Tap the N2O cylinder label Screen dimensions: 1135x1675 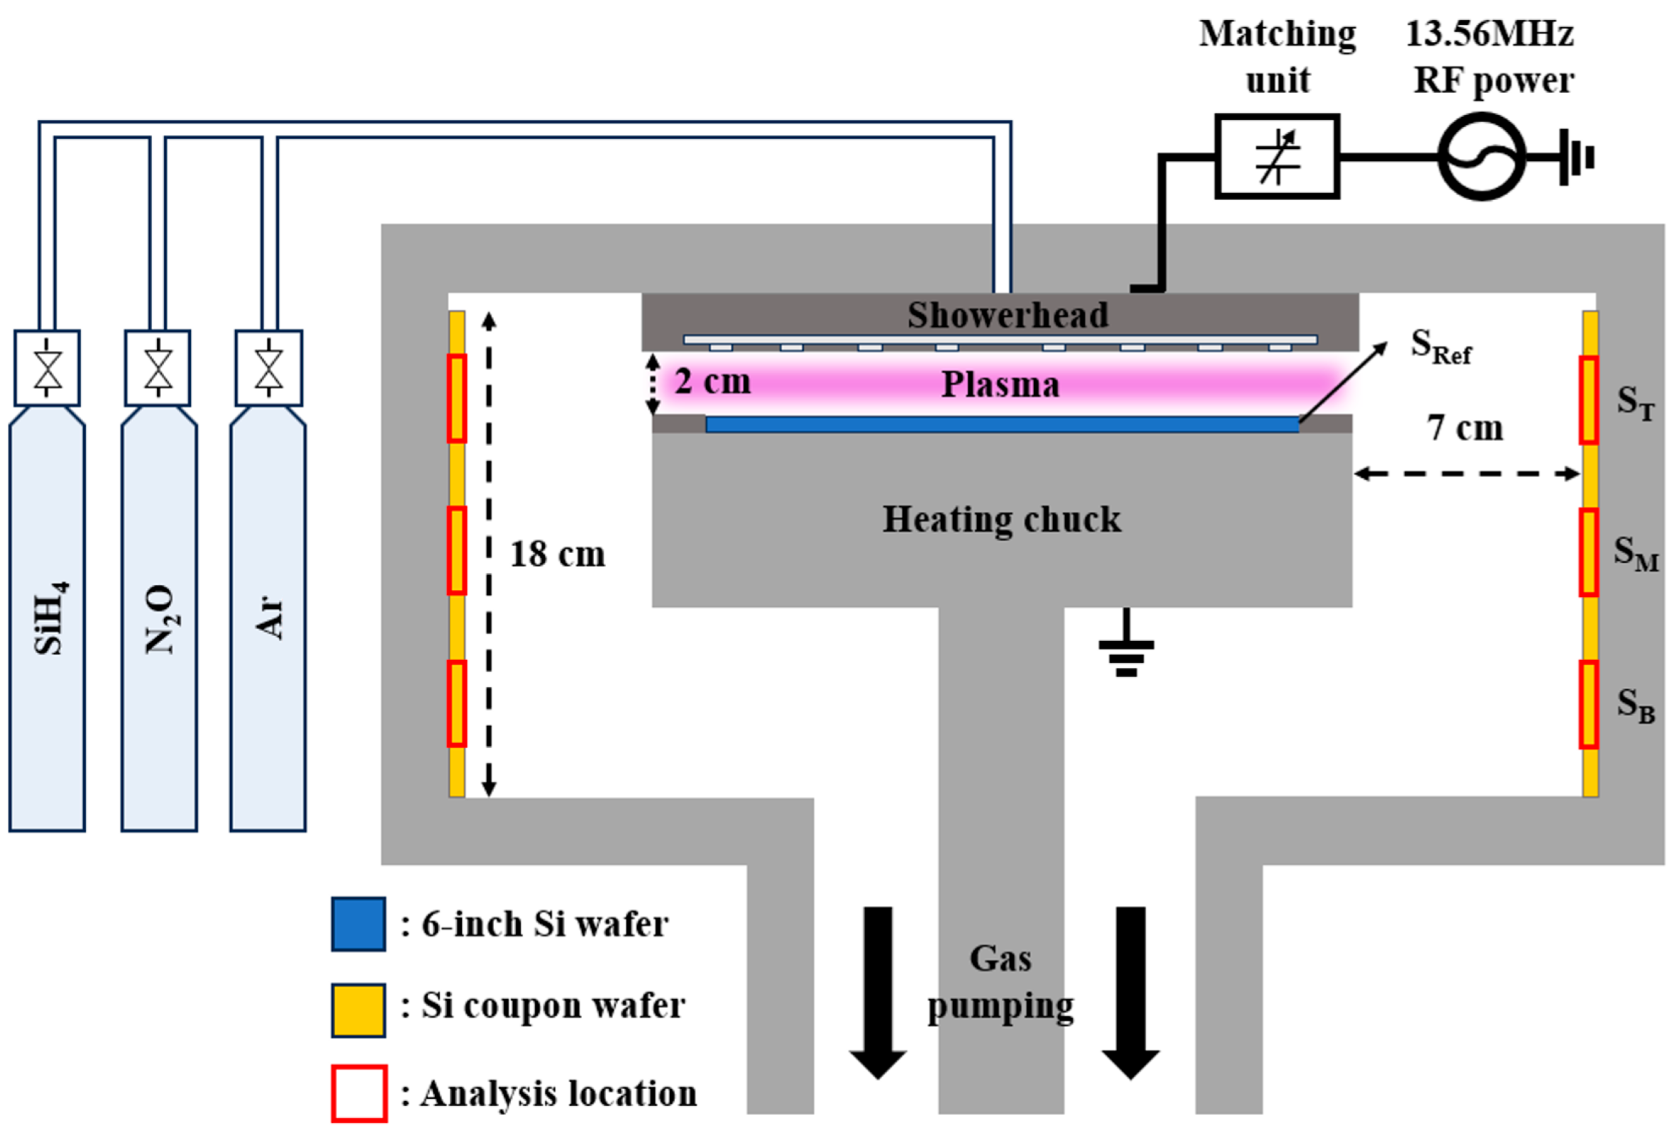(160, 619)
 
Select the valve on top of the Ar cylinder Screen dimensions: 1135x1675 (269, 368)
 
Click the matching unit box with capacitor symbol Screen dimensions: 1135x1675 (1276, 155)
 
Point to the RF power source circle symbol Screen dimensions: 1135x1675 (1481, 155)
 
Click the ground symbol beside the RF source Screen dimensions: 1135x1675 (1579, 157)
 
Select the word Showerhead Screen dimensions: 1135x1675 (1007, 315)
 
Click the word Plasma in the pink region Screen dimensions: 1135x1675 (1000, 384)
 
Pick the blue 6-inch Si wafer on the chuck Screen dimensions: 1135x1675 (1002, 424)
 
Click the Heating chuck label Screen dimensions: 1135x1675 (1002, 520)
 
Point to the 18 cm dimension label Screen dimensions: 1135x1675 (557, 554)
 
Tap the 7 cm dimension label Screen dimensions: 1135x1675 (1464, 428)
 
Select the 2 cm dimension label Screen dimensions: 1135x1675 (712, 381)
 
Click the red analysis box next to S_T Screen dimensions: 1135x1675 (1588, 400)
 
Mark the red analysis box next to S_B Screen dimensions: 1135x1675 (1588, 705)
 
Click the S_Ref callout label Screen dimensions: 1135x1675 (1440, 347)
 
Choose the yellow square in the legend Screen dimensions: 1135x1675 (358, 1009)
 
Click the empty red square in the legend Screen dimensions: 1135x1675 (359, 1093)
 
